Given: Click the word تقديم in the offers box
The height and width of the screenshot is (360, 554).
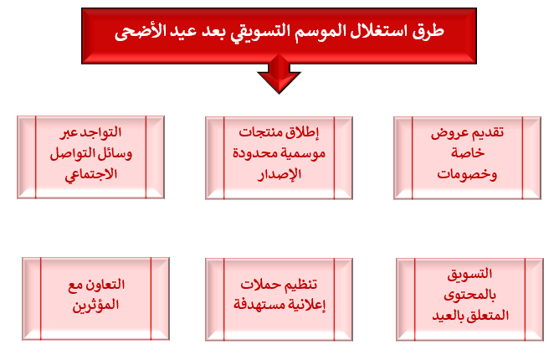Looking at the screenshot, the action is click(x=487, y=133).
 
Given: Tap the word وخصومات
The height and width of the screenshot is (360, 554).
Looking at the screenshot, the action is click(x=467, y=174).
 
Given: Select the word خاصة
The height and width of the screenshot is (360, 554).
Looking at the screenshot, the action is click(x=468, y=153).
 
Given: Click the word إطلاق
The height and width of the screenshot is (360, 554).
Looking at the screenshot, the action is click(x=303, y=133).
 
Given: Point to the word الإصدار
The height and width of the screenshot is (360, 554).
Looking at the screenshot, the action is click(x=280, y=174).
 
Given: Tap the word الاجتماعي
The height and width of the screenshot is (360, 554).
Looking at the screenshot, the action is click(x=91, y=174).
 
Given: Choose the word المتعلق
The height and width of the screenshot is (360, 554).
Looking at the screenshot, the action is click(x=489, y=316).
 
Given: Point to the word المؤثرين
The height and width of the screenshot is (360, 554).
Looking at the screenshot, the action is click(x=95, y=306).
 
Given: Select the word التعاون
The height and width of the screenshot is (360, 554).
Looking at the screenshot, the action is click(x=105, y=285).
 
